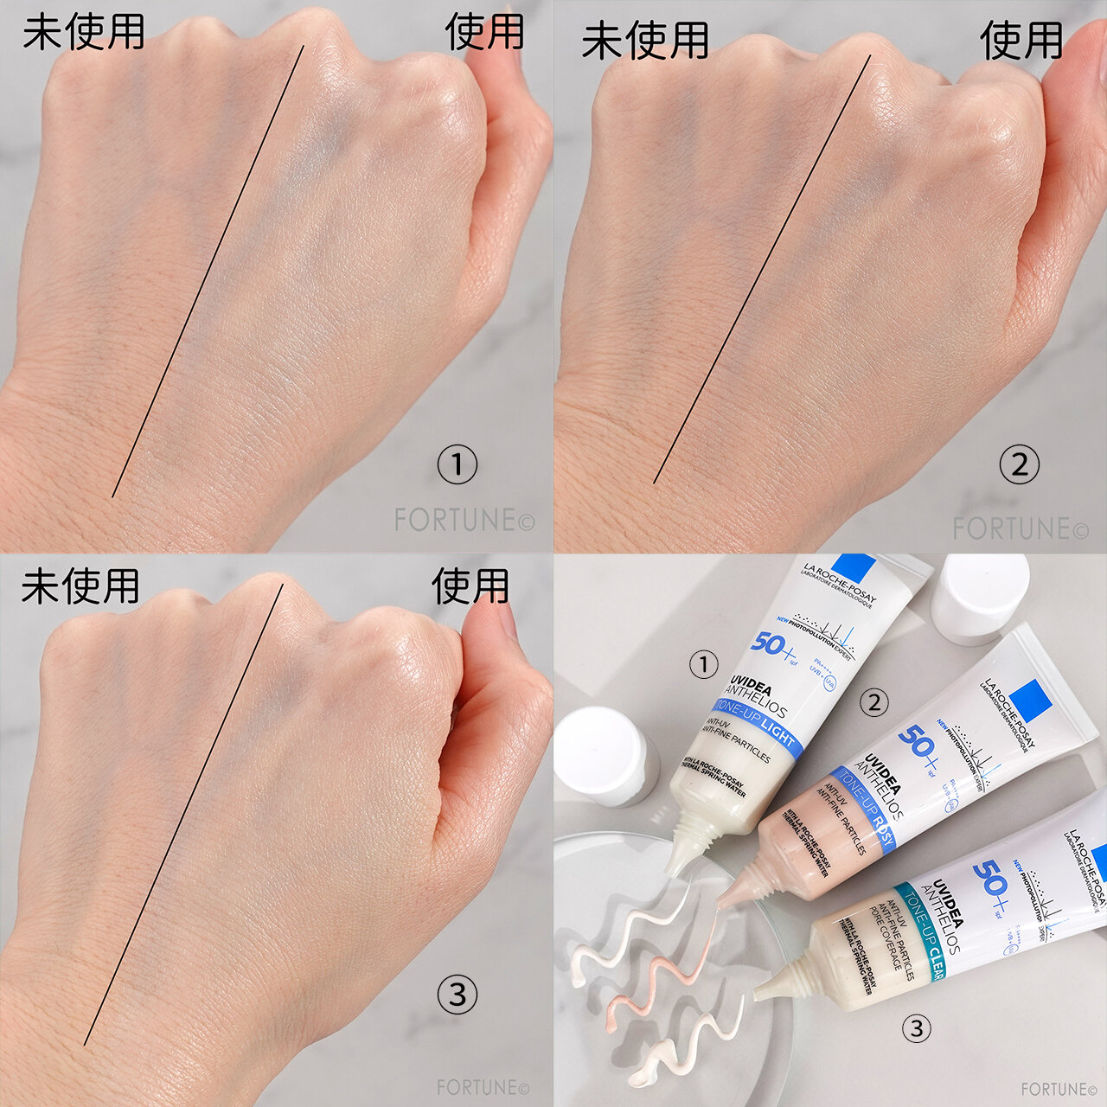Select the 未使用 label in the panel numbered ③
coord(80,586)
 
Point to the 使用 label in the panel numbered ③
coord(470,585)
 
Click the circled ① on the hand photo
coord(457,465)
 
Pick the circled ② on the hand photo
coord(1020,465)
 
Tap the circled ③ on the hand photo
coord(457,995)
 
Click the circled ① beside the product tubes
coord(704,664)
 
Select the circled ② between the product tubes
coord(874,702)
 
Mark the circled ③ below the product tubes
coord(917,1028)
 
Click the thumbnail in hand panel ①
coord(493,56)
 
